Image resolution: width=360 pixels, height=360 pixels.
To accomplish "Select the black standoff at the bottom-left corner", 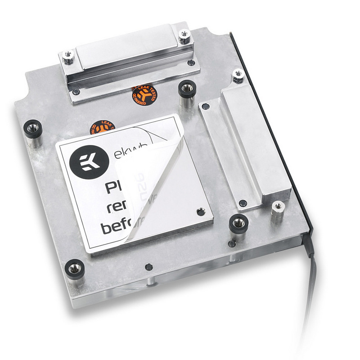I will pos(74,269).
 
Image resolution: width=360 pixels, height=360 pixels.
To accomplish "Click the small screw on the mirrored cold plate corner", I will pos(201,211).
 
